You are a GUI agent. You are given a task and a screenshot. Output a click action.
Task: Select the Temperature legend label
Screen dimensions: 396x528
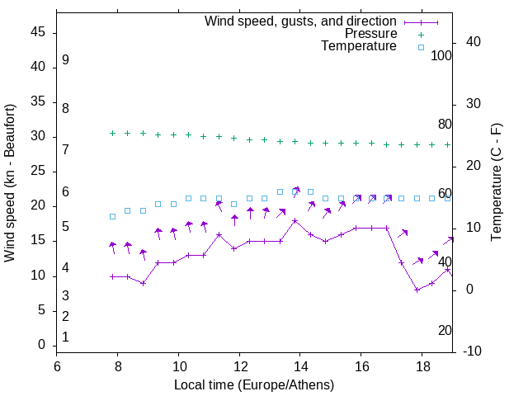358,46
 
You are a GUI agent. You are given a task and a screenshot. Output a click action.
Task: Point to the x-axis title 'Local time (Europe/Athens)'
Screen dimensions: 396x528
254,385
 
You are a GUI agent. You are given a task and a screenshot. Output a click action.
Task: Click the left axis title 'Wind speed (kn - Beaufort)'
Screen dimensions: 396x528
10,183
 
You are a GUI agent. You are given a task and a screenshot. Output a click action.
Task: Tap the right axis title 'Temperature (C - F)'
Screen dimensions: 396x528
496,183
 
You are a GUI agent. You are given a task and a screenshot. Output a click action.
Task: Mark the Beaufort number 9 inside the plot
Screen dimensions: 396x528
65,60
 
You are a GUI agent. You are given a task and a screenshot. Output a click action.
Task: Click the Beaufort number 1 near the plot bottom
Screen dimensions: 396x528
65,337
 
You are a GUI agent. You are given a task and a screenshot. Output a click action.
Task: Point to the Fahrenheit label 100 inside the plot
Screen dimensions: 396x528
441,56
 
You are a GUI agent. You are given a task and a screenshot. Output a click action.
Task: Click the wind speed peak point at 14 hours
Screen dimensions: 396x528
295,221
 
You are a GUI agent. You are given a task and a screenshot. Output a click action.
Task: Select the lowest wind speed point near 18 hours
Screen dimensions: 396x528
417,290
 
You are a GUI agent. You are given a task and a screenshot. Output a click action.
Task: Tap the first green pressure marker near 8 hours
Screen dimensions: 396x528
112,133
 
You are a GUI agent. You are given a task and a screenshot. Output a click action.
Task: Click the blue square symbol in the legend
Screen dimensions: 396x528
420,47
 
